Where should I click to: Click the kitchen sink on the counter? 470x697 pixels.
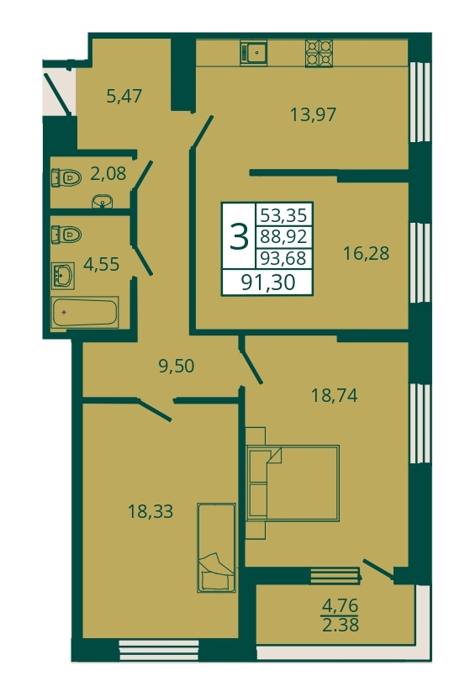[253, 53]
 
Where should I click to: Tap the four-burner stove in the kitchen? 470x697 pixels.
[319, 53]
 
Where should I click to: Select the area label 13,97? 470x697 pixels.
[313, 114]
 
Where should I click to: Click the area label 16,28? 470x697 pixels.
[366, 253]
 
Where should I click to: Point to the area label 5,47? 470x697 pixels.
[124, 96]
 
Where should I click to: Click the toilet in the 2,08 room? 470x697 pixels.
[66, 177]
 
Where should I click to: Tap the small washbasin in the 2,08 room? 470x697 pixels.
[103, 203]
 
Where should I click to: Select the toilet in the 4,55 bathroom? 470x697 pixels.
[66, 234]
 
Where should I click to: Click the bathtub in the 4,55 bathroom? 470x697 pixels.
[84, 312]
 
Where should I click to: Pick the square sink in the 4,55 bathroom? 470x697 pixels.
[63, 276]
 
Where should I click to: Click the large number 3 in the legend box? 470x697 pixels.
[239, 236]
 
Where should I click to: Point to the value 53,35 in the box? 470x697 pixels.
[283, 215]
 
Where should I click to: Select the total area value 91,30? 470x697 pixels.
[268, 282]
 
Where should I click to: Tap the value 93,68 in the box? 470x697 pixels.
[283, 258]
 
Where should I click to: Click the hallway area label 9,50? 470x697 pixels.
[177, 366]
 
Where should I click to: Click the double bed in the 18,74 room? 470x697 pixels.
[292, 483]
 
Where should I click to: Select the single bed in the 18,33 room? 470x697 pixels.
[216, 547]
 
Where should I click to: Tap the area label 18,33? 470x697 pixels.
[151, 511]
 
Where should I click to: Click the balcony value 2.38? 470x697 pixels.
[341, 626]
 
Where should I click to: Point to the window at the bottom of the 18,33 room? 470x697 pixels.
[159, 650]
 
